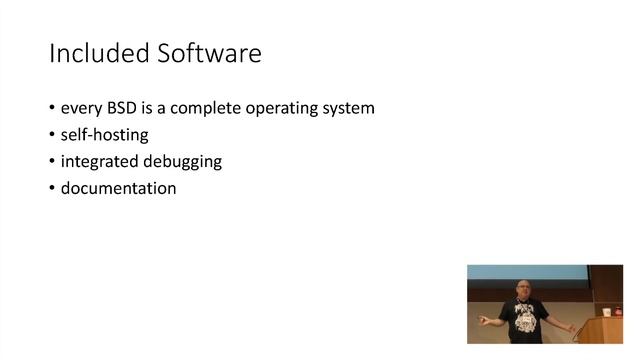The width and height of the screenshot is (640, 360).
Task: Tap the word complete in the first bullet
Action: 213,108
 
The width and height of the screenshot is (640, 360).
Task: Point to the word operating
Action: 289,108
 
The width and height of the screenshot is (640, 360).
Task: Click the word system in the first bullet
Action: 351,108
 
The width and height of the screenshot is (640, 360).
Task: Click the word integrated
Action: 98,161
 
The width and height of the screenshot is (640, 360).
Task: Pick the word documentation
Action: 118,188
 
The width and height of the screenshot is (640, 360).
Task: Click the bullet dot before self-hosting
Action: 53,135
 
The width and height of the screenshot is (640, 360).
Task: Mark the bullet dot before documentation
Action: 53,188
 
